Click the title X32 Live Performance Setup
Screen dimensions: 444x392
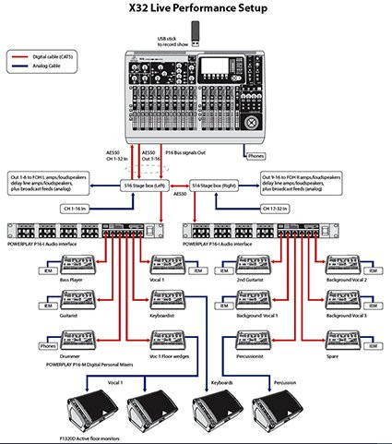[x=196, y=8]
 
